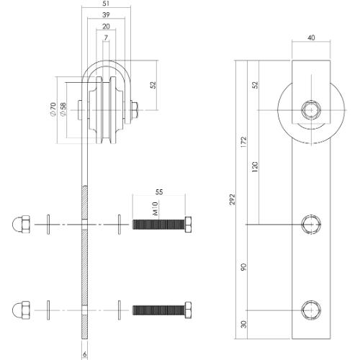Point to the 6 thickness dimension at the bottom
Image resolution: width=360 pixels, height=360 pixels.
click(85, 354)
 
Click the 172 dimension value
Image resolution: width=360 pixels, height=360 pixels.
click(245, 142)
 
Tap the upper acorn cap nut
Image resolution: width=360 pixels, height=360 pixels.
click(19, 225)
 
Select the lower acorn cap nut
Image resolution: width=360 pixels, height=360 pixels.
click(19, 311)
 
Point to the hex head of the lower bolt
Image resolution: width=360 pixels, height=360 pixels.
click(187, 311)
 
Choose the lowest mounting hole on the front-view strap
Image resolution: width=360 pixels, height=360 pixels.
click(311, 311)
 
